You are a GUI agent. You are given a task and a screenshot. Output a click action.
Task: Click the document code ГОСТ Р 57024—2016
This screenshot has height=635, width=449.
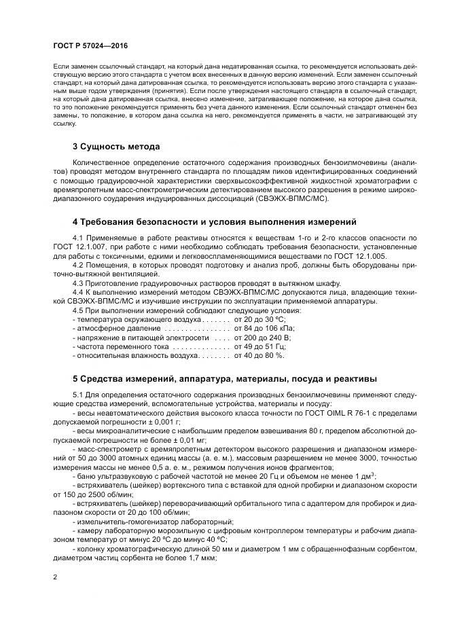[x=90, y=45]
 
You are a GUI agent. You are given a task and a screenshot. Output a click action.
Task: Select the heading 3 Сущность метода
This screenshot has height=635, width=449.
[x=116, y=146]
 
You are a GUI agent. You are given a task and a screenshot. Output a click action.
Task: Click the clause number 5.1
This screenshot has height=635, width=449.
[x=79, y=395]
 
